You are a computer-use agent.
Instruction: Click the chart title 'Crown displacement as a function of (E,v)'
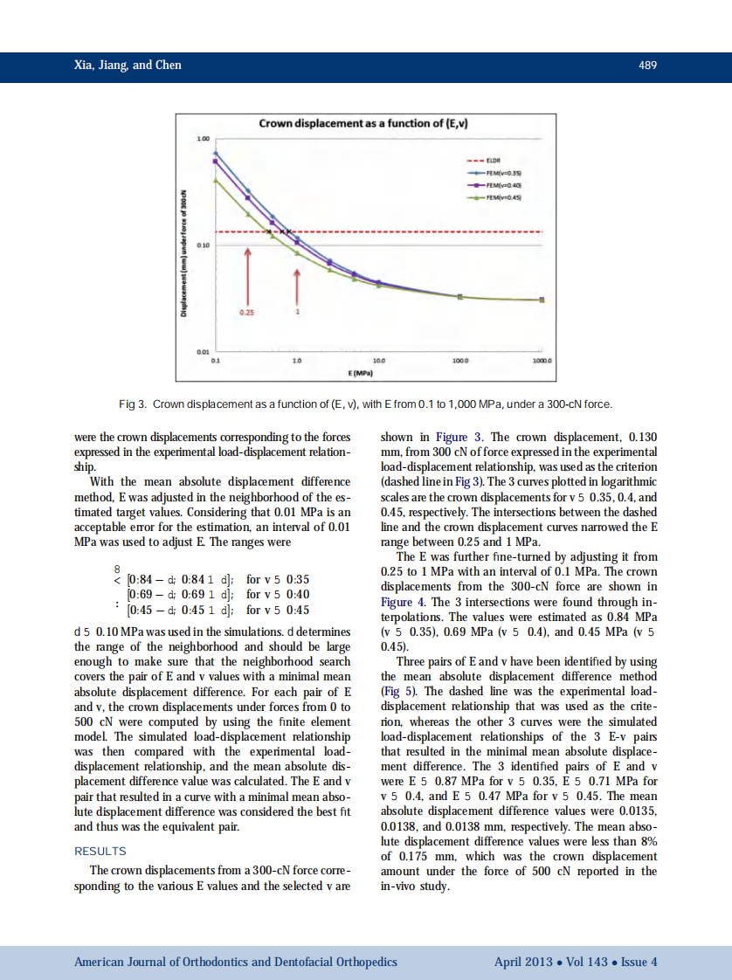[x=363, y=123]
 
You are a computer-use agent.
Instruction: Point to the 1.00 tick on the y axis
[x=203, y=139]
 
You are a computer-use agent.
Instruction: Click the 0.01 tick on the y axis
[x=203, y=352]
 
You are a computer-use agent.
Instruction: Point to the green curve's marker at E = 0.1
[x=216, y=181]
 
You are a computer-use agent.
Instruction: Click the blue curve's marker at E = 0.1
[x=216, y=153]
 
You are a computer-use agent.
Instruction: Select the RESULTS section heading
[x=100, y=851]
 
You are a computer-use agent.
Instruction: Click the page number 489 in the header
[x=647, y=66]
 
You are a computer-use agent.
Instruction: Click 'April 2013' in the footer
[x=522, y=962]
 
